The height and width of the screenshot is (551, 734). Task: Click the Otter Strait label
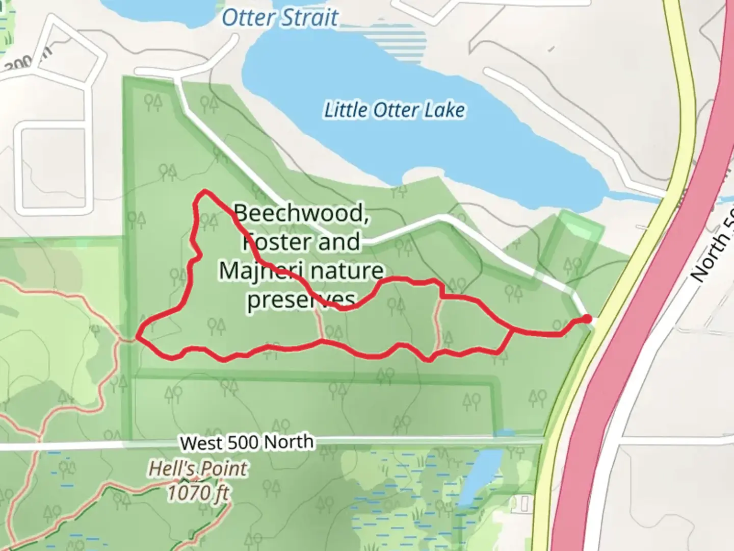pyautogui.click(x=280, y=18)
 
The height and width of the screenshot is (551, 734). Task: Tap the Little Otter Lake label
pyautogui.click(x=395, y=110)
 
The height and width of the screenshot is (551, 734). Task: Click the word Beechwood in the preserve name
pyautogui.click(x=301, y=213)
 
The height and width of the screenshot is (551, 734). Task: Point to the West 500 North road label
pyautogui.click(x=247, y=442)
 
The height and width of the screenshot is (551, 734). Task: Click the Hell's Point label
pyautogui.click(x=198, y=468)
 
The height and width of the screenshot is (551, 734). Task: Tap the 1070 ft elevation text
pyautogui.click(x=198, y=493)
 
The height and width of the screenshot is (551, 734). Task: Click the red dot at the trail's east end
pyautogui.click(x=587, y=319)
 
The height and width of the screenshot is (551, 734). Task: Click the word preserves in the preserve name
pyautogui.click(x=301, y=299)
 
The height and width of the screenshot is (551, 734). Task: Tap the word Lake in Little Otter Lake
pyautogui.click(x=444, y=110)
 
